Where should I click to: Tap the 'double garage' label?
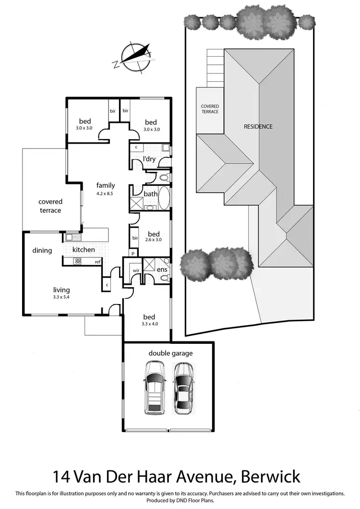[x=170, y=353]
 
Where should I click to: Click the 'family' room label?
[x=106, y=185]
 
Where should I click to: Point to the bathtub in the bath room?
[x=164, y=197]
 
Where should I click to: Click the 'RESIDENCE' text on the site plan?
[x=258, y=127]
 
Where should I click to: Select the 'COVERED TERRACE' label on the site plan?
[x=210, y=109]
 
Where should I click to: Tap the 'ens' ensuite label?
[x=161, y=270]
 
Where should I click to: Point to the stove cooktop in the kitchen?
[x=78, y=261]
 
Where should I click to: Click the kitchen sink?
[x=72, y=237]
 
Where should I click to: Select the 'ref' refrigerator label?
[x=97, y=262]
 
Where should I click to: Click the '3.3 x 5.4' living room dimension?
[x=62, y=297]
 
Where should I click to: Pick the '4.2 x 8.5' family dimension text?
[x=106, y=194]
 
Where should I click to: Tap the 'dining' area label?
[x=42, y=250]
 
